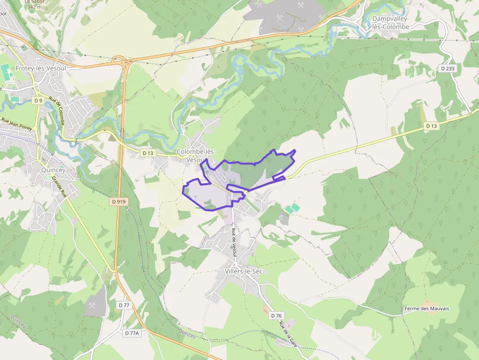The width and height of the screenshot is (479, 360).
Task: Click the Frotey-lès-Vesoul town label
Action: click(41, 68)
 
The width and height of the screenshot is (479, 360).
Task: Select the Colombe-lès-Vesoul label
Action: click(196, 156)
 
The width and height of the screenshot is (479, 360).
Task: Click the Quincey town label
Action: click(53, 170)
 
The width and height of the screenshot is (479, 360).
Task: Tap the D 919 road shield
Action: click(118, 201)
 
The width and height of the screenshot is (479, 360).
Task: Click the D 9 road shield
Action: click(39, 100)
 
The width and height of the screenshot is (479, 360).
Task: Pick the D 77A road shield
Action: click(132, 333)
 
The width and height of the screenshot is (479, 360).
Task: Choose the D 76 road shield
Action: click(276, 316)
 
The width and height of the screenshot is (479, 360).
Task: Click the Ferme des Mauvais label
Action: click(426, 309)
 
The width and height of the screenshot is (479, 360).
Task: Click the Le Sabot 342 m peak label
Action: click(33, 4)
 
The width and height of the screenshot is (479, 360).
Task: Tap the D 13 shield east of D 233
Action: click(431, 126)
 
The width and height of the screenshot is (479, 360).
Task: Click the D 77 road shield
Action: click(124, 305)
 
